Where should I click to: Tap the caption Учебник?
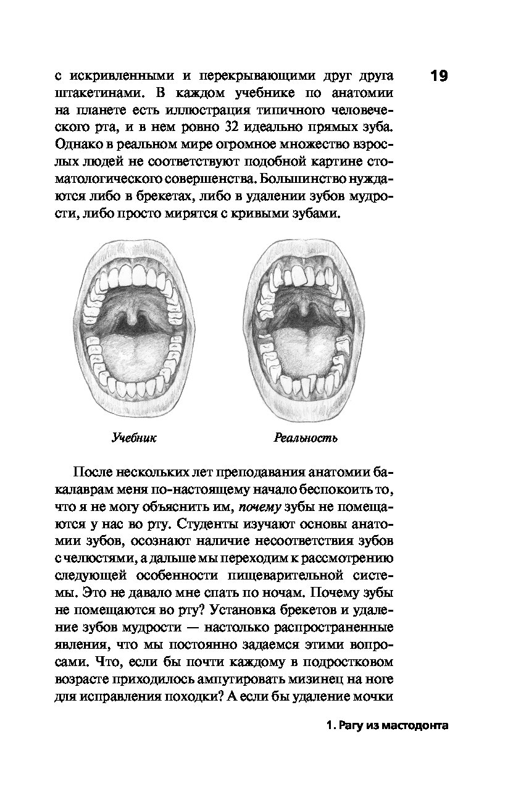coord(133,438)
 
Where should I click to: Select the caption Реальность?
coord(306,438)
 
